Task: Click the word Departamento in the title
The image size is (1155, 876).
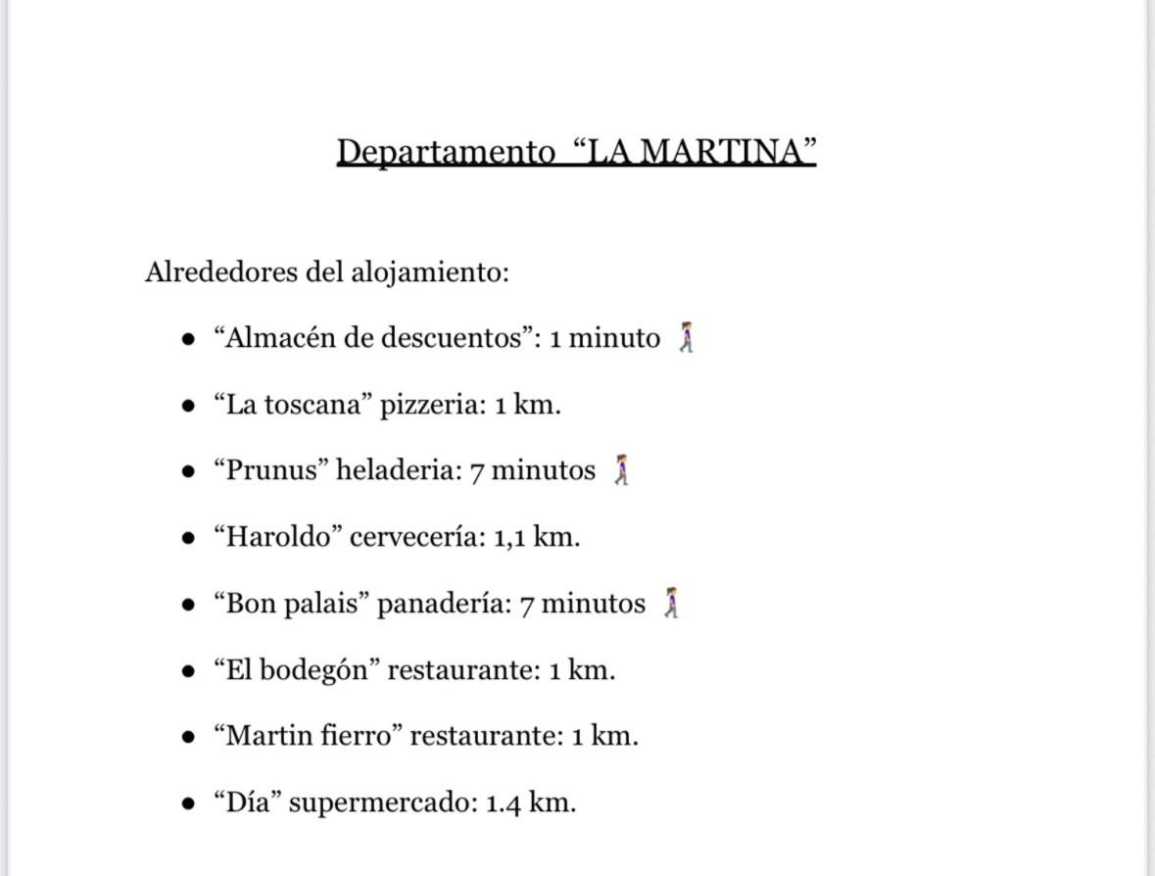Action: coord(446,152)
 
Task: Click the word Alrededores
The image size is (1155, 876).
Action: coord(221,271)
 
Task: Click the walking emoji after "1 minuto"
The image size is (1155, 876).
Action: coord(687,338)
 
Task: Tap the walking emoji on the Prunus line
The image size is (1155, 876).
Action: coord(621,470)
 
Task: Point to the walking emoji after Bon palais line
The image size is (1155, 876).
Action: coord(671,604)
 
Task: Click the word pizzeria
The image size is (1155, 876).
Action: coord(432,405)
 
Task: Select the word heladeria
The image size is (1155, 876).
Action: coord(398,470)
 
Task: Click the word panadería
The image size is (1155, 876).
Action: coord(444,604)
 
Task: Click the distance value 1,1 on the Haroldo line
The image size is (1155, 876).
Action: coord(511,537)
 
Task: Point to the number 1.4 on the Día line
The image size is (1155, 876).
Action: coord(504,803)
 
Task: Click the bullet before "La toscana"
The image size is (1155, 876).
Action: coord(189,406)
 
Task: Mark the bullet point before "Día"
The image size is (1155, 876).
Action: coord(189,803)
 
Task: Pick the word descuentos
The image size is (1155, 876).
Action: coord(451,338)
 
